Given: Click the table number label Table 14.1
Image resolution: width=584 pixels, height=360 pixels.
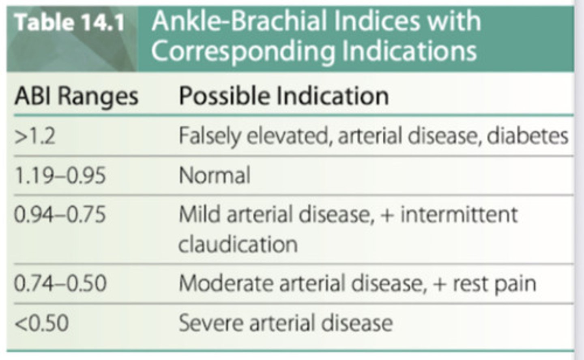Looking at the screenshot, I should pos(70,23).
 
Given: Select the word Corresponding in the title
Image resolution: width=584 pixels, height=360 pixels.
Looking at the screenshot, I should pos(242,51).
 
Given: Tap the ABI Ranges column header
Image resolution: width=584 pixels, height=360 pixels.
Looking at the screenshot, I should pos(76,97).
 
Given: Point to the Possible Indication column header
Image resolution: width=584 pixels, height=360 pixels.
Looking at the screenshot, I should pos(283,96).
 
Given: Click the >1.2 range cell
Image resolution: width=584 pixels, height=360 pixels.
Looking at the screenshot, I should pos(35,136).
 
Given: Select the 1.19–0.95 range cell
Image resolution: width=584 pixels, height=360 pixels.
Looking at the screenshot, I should pos(60,176).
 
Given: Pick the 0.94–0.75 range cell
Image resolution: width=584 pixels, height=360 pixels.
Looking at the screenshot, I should pos(60,215).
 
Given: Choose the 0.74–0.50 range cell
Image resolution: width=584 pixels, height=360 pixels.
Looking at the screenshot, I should pos(60,283).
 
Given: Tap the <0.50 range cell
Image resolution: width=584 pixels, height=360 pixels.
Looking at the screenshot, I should pos(41,323).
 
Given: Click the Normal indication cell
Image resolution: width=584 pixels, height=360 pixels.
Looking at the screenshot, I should pos(215,176).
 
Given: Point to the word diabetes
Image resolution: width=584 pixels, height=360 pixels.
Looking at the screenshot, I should pos(527,136).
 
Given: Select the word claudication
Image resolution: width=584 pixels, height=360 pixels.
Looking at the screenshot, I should pos(238,244).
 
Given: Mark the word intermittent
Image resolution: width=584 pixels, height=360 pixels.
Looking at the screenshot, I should pos(459,215).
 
